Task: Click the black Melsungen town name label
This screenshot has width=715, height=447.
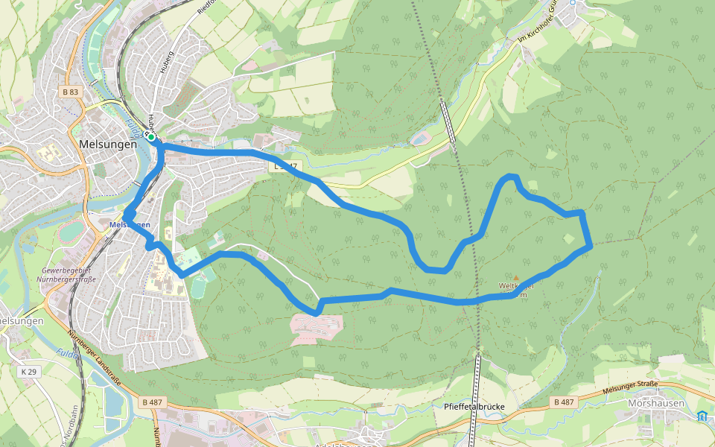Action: [x=107, y=145]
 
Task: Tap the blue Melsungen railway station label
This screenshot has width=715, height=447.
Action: [x=130, y=224]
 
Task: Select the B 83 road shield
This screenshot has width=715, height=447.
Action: [x=70, y=92]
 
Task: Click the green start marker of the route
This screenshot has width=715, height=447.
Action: [x=150, y=137]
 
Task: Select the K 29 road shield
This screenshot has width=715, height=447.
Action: [x=28, y=370]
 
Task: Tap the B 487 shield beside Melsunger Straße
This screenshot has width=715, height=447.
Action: [x=564, y=402]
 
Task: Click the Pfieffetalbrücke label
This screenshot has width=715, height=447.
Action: [x=474, y=407]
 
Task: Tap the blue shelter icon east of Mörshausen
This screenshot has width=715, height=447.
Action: [x=702, y=416]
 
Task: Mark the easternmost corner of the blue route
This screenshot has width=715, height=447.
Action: [x=591, y=244]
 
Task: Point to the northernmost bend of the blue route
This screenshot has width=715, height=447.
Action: [x=511, y=177]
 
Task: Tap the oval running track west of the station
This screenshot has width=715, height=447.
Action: [x=72, y=232]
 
